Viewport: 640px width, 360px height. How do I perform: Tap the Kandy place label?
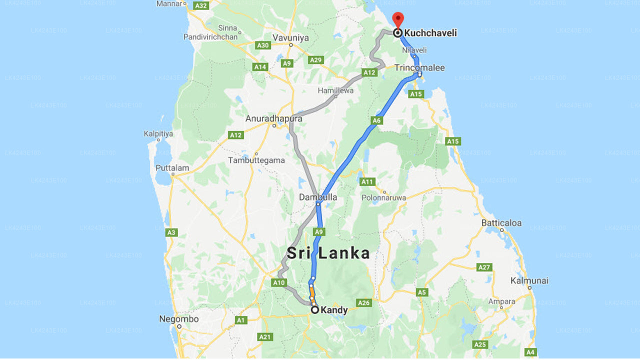334,310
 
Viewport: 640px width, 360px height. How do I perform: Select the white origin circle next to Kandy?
315,310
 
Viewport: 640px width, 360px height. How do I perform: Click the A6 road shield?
376,120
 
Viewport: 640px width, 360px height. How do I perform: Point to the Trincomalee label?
419,67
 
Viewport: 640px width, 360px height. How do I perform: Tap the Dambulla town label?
318,197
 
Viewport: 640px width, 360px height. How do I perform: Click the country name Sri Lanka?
328,253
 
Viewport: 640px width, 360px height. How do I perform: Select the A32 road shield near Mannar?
201,5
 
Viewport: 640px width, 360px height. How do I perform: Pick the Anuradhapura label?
273,119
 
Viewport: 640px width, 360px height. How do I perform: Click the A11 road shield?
367,181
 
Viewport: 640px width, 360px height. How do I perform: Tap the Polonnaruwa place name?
384,197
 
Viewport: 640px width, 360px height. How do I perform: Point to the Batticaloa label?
501,222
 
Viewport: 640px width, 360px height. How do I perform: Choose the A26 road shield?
363,303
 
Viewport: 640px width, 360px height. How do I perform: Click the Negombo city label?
178,319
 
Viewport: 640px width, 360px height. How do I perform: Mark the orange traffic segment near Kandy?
312,291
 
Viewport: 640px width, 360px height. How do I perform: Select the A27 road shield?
484,267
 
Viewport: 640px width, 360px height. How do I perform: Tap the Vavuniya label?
290,37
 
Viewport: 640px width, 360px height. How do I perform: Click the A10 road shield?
278,283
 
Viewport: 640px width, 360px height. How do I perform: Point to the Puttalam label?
172,168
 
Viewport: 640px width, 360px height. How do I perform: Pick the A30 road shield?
263,45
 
